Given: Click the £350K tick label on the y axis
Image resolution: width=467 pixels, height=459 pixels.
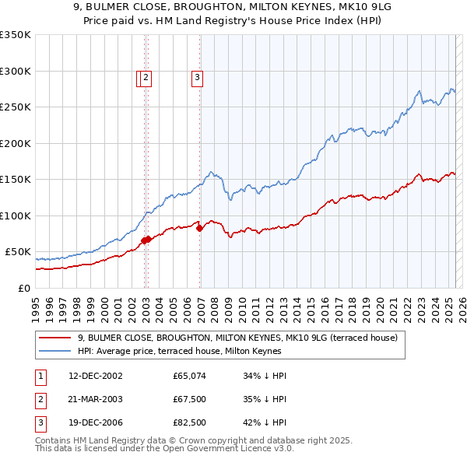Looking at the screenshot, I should pos(16,35).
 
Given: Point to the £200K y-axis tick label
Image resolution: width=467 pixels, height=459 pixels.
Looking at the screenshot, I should pos(16,143).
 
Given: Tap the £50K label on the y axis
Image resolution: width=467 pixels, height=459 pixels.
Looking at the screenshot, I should pos(18,252).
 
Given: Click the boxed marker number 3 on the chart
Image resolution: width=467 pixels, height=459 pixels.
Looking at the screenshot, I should pos(197,77).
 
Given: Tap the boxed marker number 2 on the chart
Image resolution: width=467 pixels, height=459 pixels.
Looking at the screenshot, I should pos(146,77).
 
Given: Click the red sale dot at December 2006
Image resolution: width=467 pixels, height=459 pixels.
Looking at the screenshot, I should pos(200,228).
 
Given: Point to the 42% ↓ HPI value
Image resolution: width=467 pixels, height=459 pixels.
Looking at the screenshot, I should pos(265,424).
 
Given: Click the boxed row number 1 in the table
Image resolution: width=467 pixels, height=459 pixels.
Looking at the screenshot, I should pos(39,376).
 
